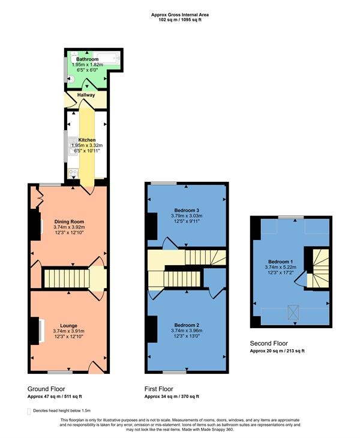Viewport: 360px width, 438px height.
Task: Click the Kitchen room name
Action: (87, 140)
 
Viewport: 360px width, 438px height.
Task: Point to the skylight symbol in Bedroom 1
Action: (293, 313)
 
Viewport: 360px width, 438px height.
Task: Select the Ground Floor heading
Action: (46, 389)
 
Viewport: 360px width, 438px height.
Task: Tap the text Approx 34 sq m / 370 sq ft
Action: (172, 397)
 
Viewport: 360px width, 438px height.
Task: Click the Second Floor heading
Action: (269, 343)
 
